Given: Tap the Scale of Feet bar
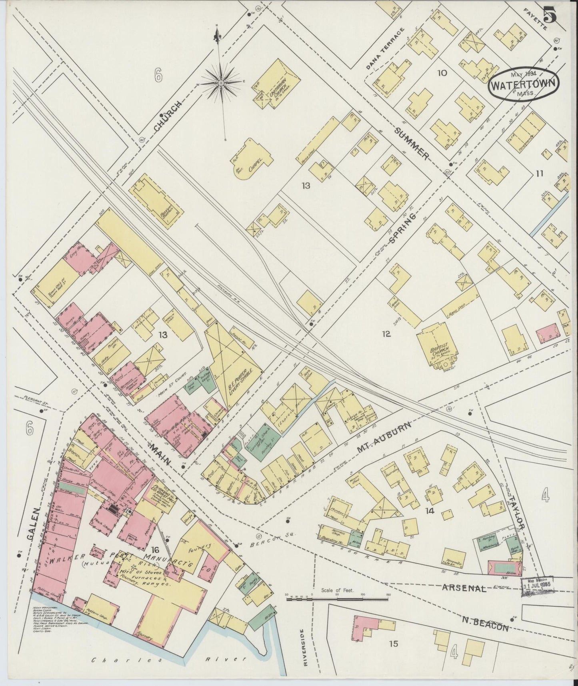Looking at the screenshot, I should tap(338, 599).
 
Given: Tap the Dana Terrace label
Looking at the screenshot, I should tap(386, 49).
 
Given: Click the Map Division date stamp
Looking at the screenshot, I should tap(537, 587).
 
